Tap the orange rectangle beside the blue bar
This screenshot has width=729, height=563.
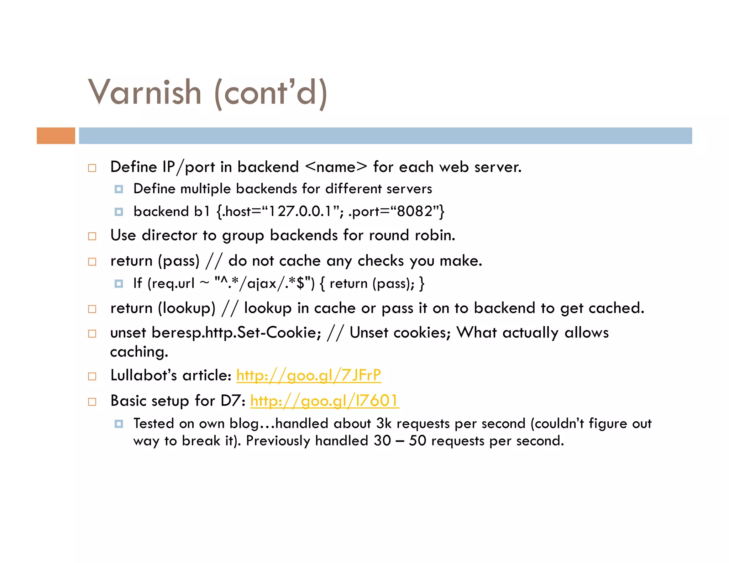(56, 136)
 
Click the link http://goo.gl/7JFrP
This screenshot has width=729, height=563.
(309, 375)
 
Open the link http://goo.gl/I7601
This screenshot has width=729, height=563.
(324, 401)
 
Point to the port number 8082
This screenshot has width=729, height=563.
(414, 211)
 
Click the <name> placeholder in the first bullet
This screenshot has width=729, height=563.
(336, 167)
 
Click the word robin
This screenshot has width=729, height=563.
(435, 235)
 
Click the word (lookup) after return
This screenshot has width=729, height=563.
(187, 308)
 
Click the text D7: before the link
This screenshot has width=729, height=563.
(233, 401)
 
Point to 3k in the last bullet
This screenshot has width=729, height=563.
(384, 423)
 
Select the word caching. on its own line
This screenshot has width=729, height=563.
(139, 352)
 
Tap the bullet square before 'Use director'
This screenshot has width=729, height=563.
(92, 236)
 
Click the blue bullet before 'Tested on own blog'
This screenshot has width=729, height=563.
(119, 424)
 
